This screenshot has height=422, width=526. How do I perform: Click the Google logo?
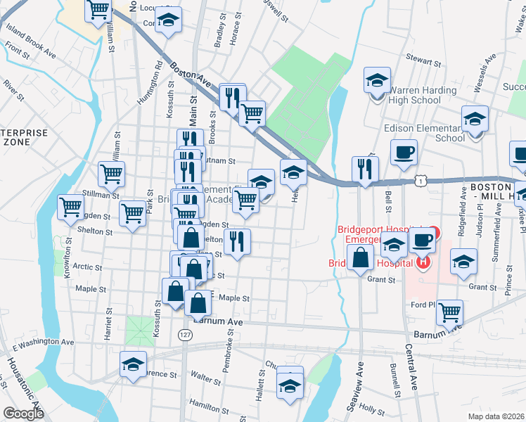point(23,414)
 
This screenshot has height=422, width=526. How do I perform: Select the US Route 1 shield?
point(420,181)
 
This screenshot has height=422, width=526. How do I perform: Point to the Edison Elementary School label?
point(425,133)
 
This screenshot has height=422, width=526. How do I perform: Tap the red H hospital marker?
point(423,263)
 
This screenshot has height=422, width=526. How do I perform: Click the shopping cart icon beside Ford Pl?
point(449,312)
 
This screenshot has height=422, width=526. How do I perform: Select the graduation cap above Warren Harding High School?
point(377,81)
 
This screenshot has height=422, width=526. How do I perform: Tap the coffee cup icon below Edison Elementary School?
point(404,153)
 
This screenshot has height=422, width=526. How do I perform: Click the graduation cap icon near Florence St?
point(133,364)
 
